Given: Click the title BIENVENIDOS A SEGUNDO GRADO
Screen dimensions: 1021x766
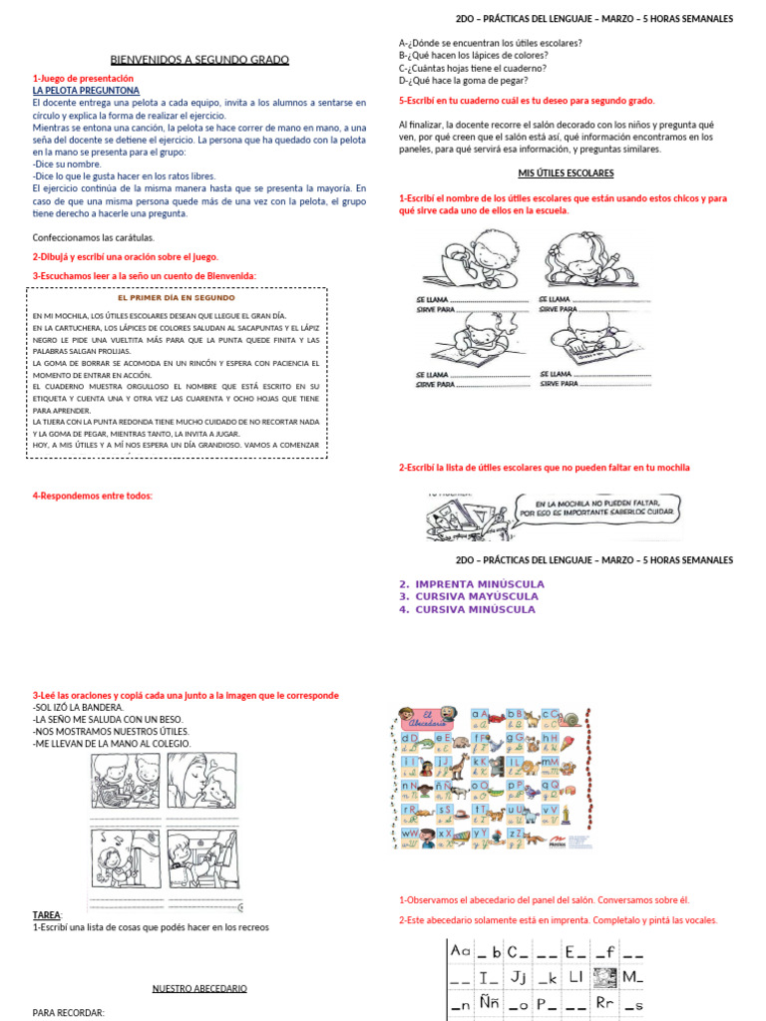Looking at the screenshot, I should pyautogui.click(x=198, y=60).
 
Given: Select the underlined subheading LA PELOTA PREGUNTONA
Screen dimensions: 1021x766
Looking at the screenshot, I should pyautogui.click(x=86, y=90).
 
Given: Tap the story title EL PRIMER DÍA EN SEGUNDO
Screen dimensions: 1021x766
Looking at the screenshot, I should pyautogui.click(x=176, y=297).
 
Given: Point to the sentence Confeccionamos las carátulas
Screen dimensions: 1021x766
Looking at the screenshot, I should pyautogui.click(x=94, y=237).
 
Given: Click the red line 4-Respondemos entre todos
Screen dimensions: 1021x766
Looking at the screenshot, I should pyautogui.click(x=92, y=496).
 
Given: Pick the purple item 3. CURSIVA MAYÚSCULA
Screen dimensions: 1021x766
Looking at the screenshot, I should pyautogui.click(x=466, y=596).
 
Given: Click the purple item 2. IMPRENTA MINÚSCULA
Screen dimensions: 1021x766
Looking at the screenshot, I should pyautogui.click(x=471, y=583).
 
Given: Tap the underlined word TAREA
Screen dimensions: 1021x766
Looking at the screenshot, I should pyautogui.click(x=47, y=914).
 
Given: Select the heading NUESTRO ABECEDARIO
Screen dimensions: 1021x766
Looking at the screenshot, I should pyautogui.click(x=199, y=988).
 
